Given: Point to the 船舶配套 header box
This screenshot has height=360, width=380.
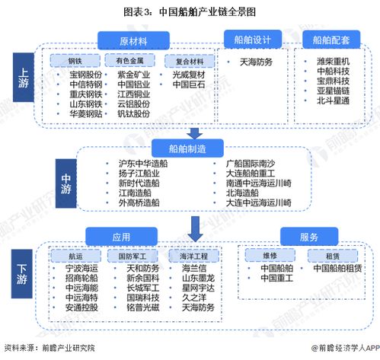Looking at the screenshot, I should [x=334, y=40].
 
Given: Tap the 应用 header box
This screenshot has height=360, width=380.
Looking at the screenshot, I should [x=122, y=235].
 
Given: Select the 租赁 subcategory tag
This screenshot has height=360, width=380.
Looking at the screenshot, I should [x=324, y=256].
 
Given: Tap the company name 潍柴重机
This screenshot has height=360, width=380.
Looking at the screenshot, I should [x=334, y=61].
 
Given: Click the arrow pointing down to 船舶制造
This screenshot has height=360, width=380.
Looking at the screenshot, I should [x=195, y=131].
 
